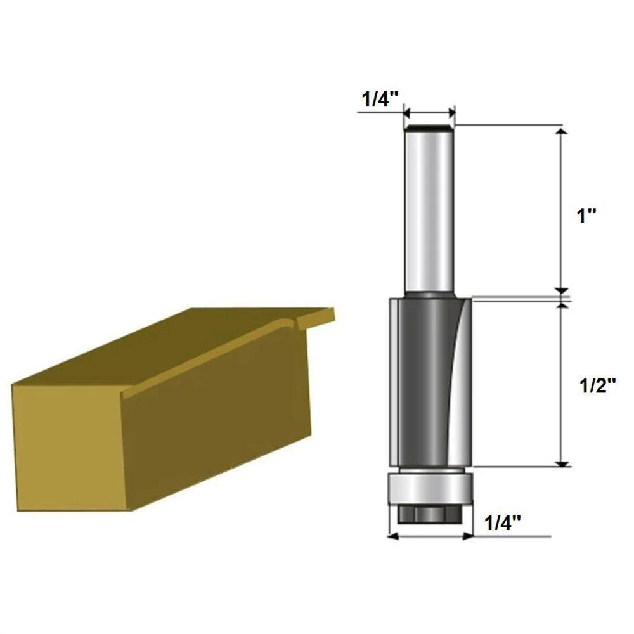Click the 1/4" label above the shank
click(380, 99)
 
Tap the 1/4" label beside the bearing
click(503, 523)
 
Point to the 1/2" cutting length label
click(598, 385)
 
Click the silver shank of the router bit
click(429, 209)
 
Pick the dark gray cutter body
click(425, 380)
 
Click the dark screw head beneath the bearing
click(429, 514)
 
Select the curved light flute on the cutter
click(458, 380)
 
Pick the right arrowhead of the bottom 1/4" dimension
click(469, 536)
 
